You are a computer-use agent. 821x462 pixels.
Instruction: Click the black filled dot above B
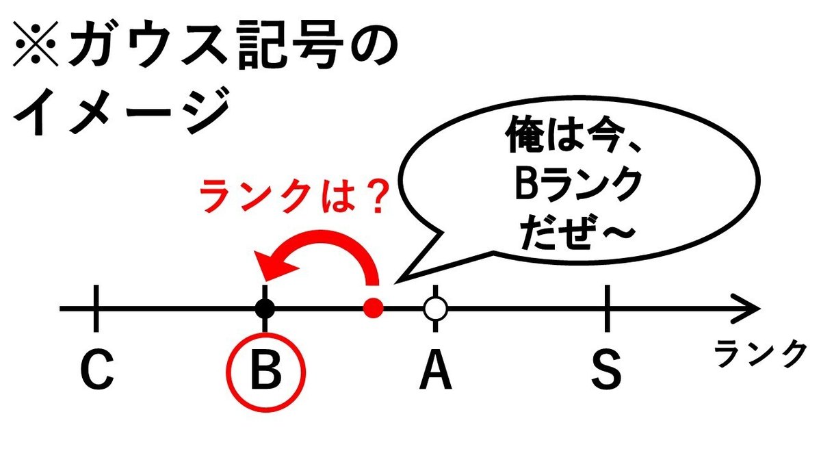pyautogui.click(x=265, y=309)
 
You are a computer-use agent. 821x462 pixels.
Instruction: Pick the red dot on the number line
pyautogui.click(x=374, y=309)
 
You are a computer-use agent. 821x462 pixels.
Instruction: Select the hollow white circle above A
pyautogui.click(x=435, y=309)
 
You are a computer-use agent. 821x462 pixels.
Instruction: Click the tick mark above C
pyautogui.click(x=96, y=307)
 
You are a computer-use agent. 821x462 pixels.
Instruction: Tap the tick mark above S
pyautogui.click(x=607, y=307)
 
